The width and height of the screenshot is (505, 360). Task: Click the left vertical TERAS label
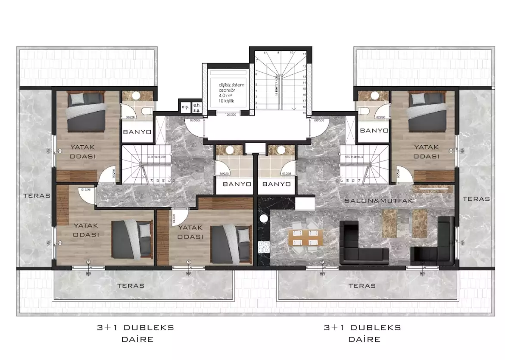coord(36,195)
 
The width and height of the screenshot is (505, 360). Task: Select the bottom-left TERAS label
coord(131,285)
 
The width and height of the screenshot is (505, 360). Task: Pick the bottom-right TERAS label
coord(362,285)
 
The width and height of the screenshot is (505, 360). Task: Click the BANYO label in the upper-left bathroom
coord(137,132)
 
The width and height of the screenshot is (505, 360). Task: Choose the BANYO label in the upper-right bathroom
coord(374,130)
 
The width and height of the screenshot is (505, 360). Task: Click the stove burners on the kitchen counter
coord(263,247)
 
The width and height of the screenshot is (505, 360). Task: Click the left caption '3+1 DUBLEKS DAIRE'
coord(135,333)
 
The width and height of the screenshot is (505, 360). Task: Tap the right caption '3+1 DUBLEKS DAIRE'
coord(362,333)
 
